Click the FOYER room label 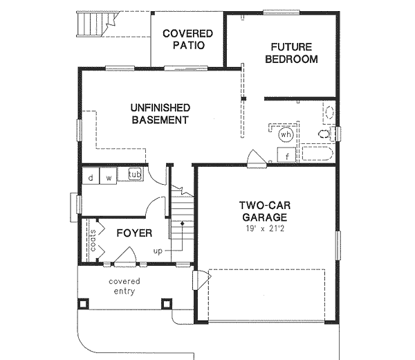133,233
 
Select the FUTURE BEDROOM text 291,53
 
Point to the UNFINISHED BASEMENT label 160,114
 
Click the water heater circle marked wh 286,134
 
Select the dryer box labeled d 91,177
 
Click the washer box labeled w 109,177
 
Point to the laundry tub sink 133,174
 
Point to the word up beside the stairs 158,251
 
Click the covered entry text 124,286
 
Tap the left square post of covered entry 84,303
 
